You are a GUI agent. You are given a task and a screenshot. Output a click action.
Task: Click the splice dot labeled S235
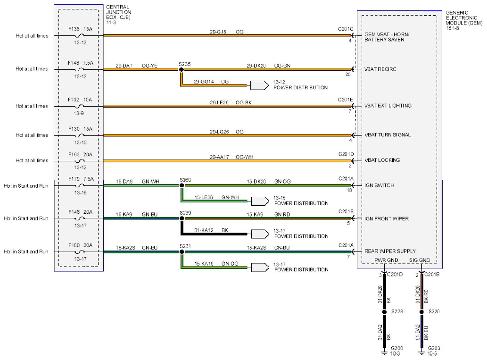click(x=181, y=69)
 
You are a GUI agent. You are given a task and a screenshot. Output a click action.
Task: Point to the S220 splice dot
click(x=421, y=312)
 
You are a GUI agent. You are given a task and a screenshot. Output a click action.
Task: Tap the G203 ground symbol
click(x=421, y=351)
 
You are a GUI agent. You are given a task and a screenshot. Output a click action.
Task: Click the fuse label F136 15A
click(x=80, y=29)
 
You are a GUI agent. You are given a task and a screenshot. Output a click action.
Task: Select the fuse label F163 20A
click(x=80, y=153)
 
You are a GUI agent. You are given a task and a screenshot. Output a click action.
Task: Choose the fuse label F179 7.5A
click(x=80, y=179)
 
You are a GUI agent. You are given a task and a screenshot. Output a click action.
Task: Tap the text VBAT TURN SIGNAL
click(x=388, y=135)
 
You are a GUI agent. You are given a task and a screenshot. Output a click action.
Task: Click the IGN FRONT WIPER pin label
click(x=387, y=219)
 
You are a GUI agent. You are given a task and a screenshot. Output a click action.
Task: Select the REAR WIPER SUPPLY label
click(x=390, y=251)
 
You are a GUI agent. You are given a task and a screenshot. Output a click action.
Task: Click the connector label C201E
click(x=346, y=100)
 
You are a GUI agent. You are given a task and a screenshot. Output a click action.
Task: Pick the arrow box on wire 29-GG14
click(x=259, y=85)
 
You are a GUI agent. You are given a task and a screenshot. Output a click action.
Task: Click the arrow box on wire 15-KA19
click(x=259, y=267)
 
